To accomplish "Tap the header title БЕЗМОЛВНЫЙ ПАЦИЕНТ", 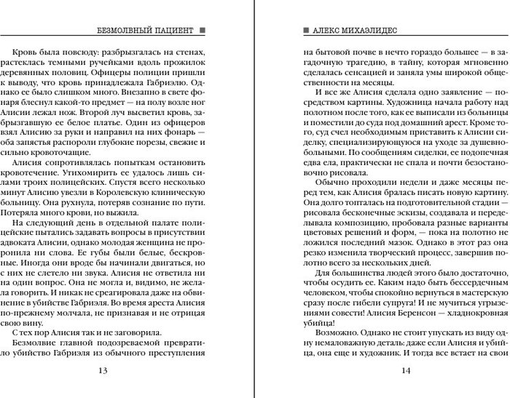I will coord(144,31).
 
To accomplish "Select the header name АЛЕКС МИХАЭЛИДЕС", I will coord(358,31).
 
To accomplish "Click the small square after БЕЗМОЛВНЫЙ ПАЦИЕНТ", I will coord(202,31).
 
